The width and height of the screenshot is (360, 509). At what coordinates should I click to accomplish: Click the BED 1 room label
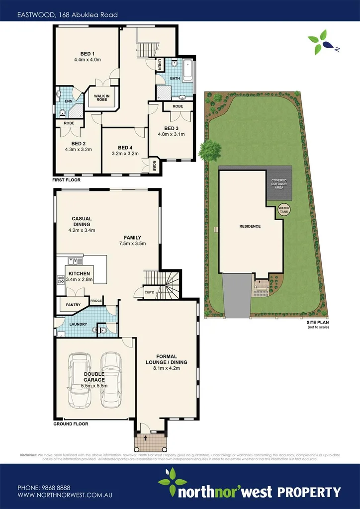(x=87, y=53)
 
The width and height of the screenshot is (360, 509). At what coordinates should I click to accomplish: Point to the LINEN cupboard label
(x=160, y=65)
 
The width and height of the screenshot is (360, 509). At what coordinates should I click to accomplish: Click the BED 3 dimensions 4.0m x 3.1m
(x=171, y=134)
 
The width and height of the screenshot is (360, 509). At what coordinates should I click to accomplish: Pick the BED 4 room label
(x=125, y=148)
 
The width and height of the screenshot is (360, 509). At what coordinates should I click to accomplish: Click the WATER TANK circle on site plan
(x=284, y=209)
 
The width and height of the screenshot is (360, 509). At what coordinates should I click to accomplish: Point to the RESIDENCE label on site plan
(x=250, y=226)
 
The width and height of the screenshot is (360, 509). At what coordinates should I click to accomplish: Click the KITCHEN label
(x=79, y=274)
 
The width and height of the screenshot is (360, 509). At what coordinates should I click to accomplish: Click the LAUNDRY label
(x=78, y=325)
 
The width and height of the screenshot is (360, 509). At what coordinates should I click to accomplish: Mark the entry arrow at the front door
(x=146, y=438)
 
